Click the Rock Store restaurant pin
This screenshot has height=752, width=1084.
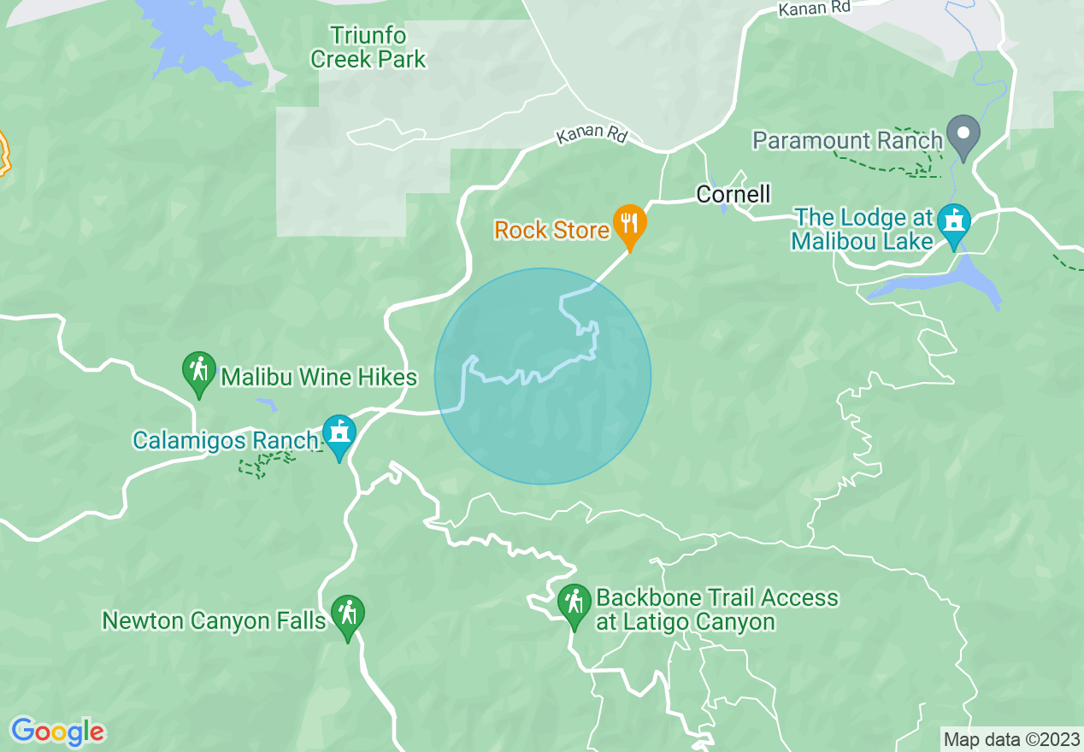[x=629, y=225]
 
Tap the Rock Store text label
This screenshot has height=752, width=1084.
[x=551, y=230]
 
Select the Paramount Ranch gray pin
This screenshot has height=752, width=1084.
[x=964, y=135]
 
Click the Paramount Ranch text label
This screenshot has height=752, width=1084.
[x=847, y=140]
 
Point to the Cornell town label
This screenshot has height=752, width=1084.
[x=733, y=194]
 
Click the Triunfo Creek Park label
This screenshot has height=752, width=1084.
[x=368, y=48]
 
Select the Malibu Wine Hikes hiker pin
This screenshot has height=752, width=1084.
[x=199, y=372]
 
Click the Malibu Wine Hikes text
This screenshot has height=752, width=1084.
[x=319, y=377]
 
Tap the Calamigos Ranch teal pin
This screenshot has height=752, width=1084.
[x=339, y=435]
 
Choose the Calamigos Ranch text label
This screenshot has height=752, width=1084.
[x=225, y=441]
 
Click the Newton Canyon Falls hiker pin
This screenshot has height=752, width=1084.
[x=347, y=614]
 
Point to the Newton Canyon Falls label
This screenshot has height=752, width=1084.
[x=215, y=620]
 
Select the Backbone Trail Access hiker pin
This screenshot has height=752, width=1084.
[x=574, y=603]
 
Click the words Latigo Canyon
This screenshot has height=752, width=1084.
[x=685, y=621]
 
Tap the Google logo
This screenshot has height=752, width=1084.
[x=57, y=731]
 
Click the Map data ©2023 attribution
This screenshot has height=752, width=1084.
[x=1011, y=738]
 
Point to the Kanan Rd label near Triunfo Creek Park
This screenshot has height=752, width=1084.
[x=592, y=136]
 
